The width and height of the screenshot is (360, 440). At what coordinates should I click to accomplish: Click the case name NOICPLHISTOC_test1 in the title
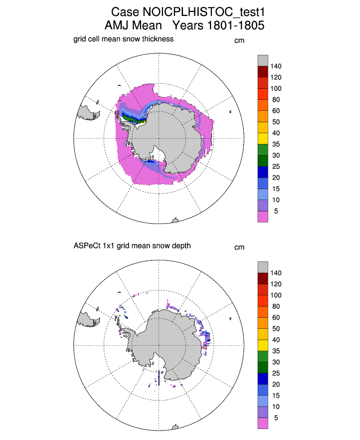203,12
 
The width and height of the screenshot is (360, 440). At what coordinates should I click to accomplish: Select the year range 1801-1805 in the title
235,25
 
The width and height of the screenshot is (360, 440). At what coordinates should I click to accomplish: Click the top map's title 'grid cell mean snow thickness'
123,39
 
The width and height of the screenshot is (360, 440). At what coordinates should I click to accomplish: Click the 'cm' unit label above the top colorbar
239,40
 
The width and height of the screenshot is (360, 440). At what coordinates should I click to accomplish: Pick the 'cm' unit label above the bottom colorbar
239,247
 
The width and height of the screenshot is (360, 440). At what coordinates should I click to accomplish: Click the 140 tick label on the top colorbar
276,66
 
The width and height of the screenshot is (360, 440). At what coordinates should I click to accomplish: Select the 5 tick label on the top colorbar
276,211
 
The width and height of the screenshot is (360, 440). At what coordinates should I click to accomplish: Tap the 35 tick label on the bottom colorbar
276,351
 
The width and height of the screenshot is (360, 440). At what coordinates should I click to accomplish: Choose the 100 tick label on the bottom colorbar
276,295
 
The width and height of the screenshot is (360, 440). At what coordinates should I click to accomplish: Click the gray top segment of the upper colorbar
263,61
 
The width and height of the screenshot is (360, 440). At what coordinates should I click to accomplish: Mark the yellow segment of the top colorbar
263,139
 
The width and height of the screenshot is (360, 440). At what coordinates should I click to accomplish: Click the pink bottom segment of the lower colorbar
263,423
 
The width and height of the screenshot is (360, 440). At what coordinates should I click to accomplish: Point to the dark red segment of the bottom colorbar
263,278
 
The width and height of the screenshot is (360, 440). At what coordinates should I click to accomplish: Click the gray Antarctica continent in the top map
166,138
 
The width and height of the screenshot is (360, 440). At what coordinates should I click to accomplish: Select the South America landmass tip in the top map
89,114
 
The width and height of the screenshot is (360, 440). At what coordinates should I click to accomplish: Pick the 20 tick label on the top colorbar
276,178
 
